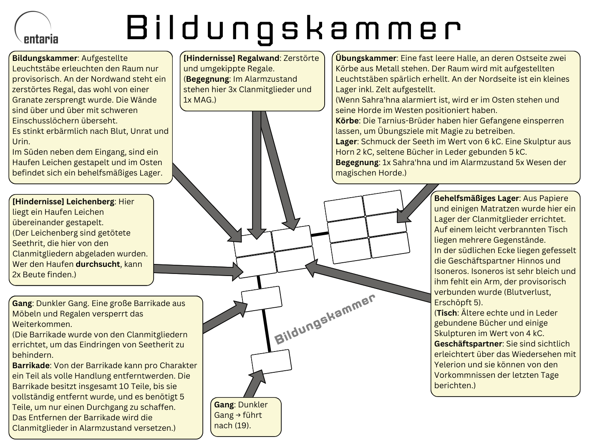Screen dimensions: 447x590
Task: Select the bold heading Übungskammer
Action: tap(366, 58)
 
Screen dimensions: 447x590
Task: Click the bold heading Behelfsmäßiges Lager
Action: tap(477, 198)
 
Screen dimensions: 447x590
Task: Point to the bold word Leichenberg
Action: tap(90, 202)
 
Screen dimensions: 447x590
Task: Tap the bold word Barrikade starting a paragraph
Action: tap(31, 366)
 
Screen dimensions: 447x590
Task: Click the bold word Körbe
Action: tap(347, 121)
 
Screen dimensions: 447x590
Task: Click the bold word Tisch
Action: tap(447, 313)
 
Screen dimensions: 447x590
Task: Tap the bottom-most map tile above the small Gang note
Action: tap(271, 361)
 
